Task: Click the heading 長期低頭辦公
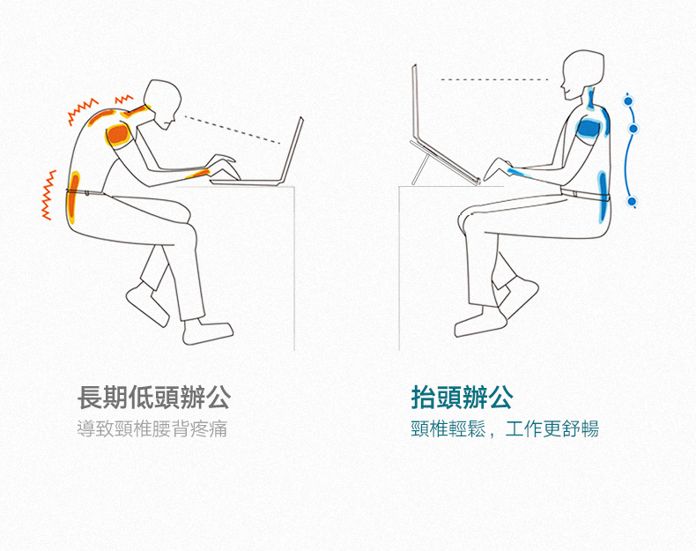pos(154,397)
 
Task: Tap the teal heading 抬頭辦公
pos(462,397)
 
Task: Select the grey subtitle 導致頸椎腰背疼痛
pos(152,429)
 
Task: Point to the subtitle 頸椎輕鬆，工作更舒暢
pos(505,429)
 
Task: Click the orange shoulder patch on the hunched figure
pos(118,134)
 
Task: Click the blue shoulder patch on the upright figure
pos(589,128)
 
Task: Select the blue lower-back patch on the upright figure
pos(603,196)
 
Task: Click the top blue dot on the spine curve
pos(628,101)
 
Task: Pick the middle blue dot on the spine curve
pos(633,129)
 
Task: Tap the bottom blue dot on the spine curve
pos(632,202)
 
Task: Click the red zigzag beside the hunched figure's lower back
pos(48,195)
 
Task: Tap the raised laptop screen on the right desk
pos(415,102)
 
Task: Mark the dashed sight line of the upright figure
pos(493,80)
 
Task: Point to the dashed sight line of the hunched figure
pos(233,130)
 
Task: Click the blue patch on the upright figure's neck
pos(590,99)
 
